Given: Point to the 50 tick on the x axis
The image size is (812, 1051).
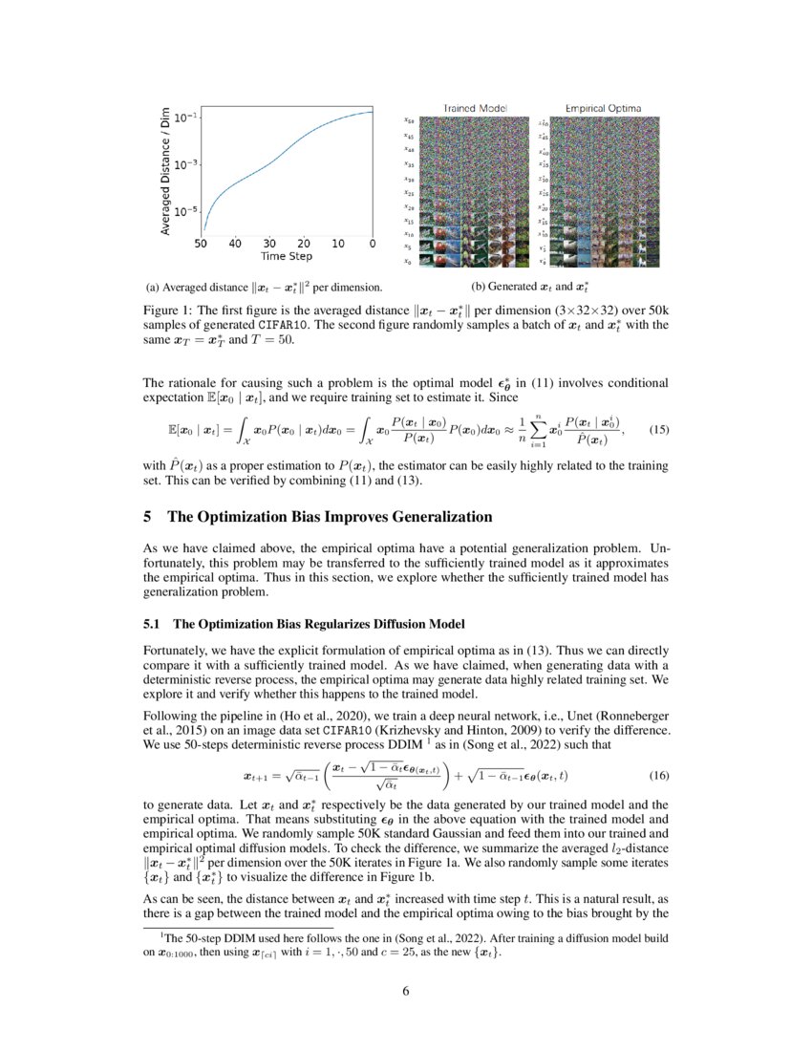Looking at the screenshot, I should [x=202, y=245].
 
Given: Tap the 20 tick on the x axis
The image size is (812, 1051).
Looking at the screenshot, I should [x=304, y=245].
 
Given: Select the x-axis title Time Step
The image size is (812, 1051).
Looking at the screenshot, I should [x=287, y=257].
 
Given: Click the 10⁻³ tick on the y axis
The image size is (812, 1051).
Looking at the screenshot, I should [x=185, y=164].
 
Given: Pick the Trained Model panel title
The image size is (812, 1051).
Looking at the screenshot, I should [x=475, y=108].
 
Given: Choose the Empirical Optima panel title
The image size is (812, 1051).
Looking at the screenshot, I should [x=603, y=108].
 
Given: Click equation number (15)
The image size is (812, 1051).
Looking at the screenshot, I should [x=658, y=430].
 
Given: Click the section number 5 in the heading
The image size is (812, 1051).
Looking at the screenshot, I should [x=147, y=517].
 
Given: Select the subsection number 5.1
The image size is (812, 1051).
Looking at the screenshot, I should [x=152, y=624].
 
